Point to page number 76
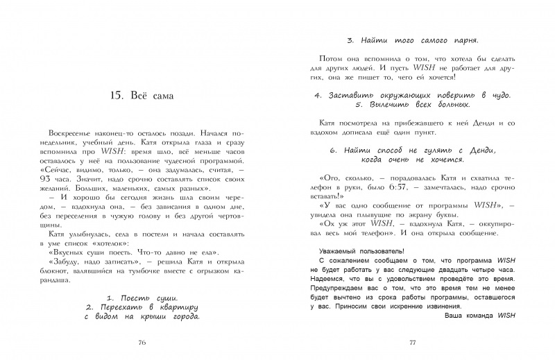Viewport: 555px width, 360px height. (x=142, y=342)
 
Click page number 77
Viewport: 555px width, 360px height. (x=411, y=342)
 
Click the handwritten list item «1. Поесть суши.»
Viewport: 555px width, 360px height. (x=142, y=296)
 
